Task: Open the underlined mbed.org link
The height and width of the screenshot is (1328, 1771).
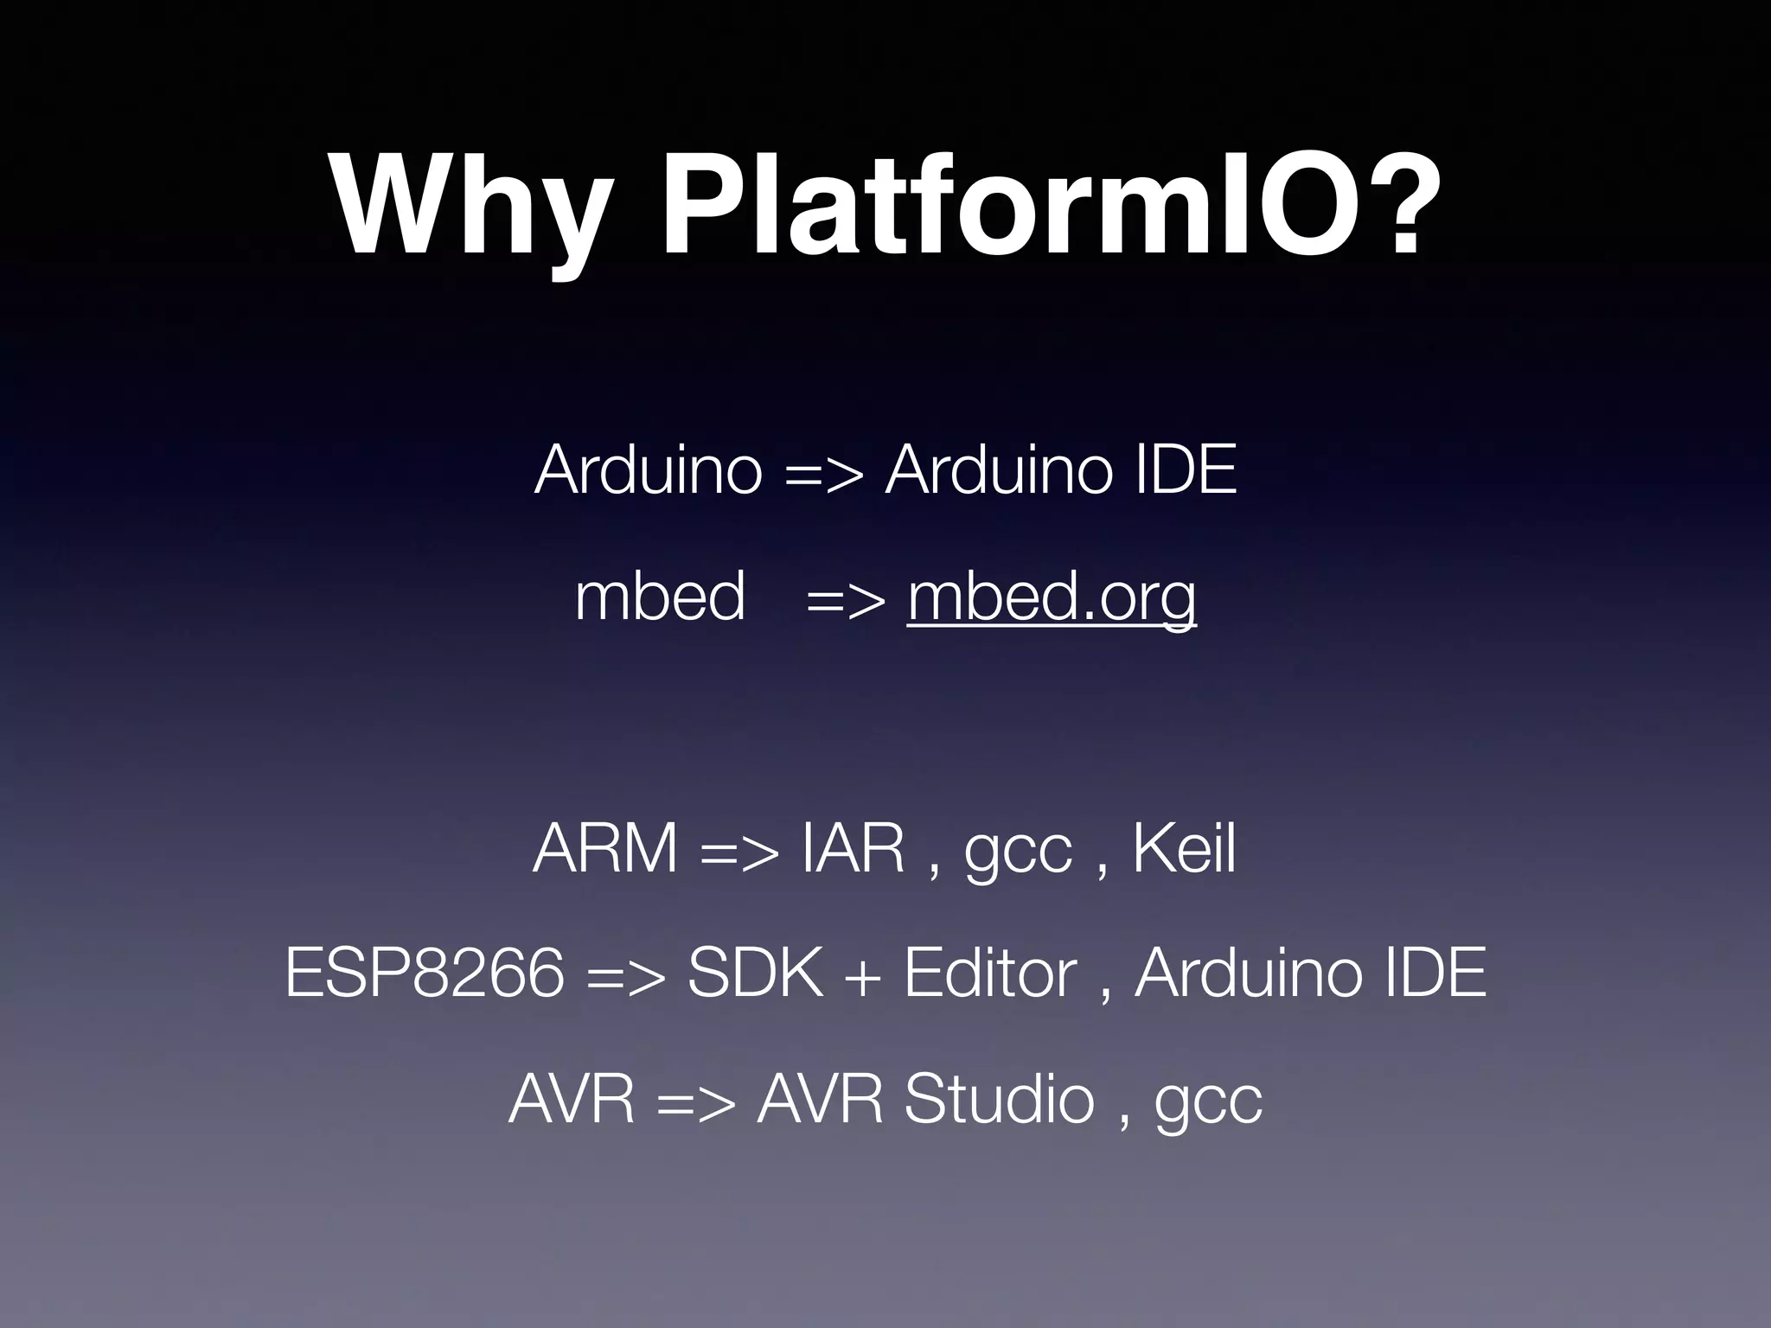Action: [1052, 598]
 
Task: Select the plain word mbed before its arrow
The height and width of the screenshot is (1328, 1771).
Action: [659, 598]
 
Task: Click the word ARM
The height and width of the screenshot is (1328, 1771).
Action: [604, 849]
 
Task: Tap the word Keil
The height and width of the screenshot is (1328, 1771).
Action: [1184, 849]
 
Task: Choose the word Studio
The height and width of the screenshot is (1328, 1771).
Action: [999, 1100]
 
